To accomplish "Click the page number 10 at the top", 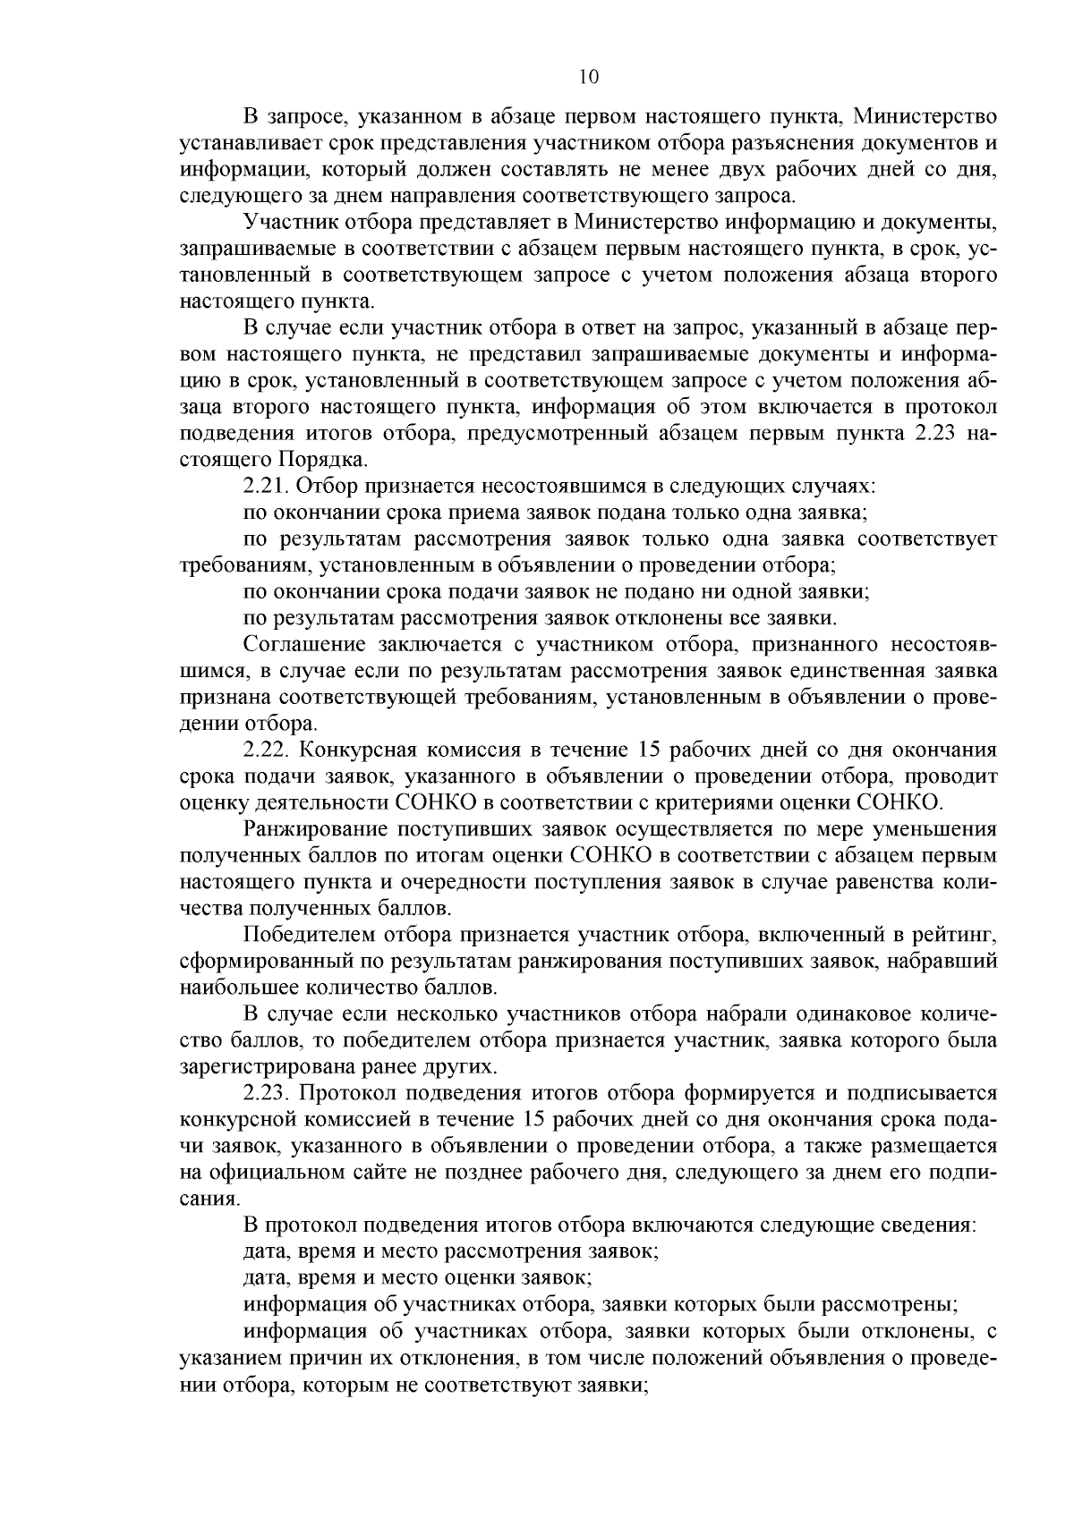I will (x=588, y=77).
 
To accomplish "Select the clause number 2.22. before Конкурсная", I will (x=266, y=749).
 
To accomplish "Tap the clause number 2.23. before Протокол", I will (x=266, y=1093).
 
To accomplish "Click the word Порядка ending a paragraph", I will (x=330, y=462).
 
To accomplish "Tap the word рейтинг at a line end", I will (x=951, y=936).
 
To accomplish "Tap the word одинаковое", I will (x=826, y=1014).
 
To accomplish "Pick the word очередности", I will (x=458, y=882).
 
